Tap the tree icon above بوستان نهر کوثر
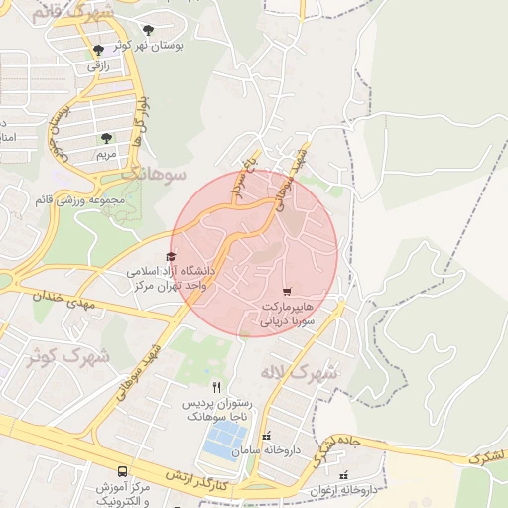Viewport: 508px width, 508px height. pyautogui.click(x=149, y=30)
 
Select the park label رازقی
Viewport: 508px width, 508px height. pyautogui.click(x=97, y=65)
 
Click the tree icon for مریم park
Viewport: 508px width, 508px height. pyautogui.click(x=106, y=139)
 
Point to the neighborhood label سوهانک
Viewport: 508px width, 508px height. pyautogui.click(x=154, y=174)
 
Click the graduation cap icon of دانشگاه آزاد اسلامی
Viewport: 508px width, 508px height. pyautogui.click(x=175, y=255)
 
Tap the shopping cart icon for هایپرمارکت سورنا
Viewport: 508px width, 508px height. pyautogui.click(x=288, y=292)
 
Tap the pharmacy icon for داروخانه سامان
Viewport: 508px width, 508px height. pyautogui.click(x=265, y=437)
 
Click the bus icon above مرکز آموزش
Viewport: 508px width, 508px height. pyautogui.click(x=121, y=471)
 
